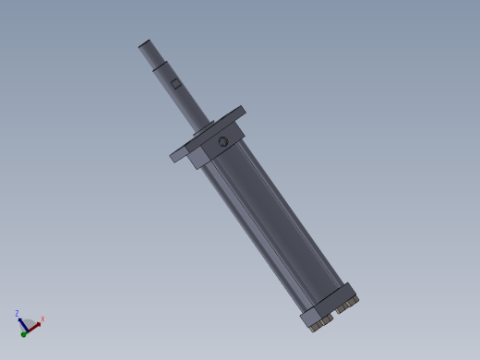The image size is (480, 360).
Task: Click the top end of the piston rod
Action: pyautogui.click(x=145, y=43)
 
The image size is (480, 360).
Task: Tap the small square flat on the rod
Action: pyautogui.click(x=176, y=84)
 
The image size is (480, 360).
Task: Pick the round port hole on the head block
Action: pyautogui.click(x=222, y=142)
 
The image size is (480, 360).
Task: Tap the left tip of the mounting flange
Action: pyautogui.click(x=174, y=156)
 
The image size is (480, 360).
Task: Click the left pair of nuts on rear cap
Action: pyautogui.click(x=319, y=323)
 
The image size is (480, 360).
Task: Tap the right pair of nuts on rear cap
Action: pyautogui.click(x=346, y=303)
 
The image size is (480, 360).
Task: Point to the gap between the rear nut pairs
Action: pyautogui.click(x=333, y=314)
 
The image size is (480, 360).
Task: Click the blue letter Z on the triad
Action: pyautogui.click(x=17, y=314)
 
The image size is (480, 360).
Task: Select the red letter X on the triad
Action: pyautogui.click(x=42, y=319)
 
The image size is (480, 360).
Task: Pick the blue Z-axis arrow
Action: pyautogui.click(x=20, y=323)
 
